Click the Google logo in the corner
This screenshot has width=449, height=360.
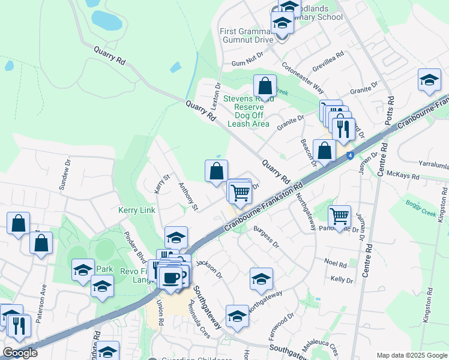[x=20, y=353]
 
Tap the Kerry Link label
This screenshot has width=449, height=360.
[x=137, y=210]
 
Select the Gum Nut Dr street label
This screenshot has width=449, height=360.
[x=247, y=63]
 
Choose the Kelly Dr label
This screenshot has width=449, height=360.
[x=341, y=280]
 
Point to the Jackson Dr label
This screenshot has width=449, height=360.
[x=210, y=268]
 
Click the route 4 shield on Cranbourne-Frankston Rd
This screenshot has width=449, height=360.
[x=349, y=157]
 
